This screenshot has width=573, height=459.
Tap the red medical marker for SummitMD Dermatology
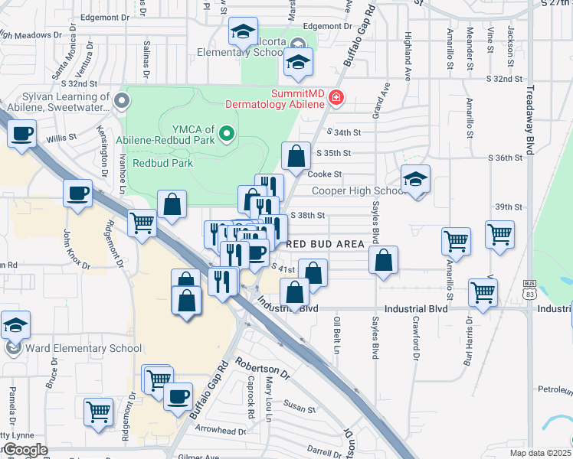pyautogui.click(x=336, y=98)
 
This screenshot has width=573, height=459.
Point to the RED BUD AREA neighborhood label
pyautogui.click(x=325, y=243)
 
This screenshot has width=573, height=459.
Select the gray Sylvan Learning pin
pyautogui.click(x=120, y=101)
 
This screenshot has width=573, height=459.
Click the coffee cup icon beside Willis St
pyautogui.click(x=21, y=135)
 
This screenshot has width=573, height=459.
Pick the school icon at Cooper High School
pyautogui.click(x=416, y=179)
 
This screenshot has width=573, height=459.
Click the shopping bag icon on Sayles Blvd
pyautogui.click(x=383, y=260)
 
